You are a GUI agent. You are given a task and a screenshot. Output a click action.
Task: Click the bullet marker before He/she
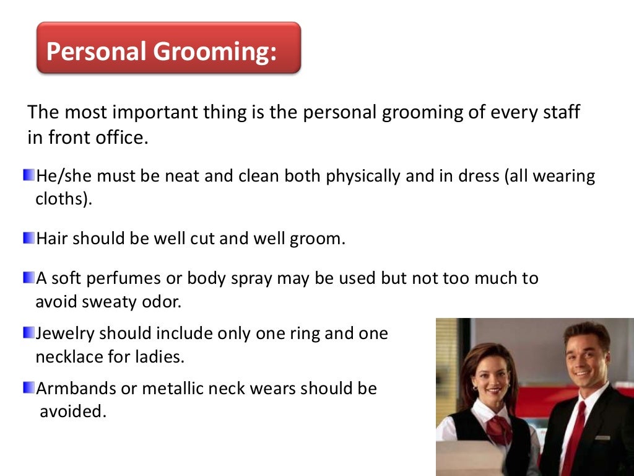point(29,175)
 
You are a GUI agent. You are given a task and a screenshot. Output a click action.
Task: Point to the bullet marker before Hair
point(29,238)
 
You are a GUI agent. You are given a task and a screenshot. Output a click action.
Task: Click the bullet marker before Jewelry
point(29,333)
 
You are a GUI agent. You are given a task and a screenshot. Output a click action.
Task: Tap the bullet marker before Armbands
point(29,389)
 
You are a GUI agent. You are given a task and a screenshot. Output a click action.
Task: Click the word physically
point(357,177)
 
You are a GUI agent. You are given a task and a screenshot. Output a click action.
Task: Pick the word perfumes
point(127,279)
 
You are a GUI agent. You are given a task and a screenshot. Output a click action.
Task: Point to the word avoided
point(72,412)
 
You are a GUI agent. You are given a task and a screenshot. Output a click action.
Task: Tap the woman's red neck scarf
point(499,428)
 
